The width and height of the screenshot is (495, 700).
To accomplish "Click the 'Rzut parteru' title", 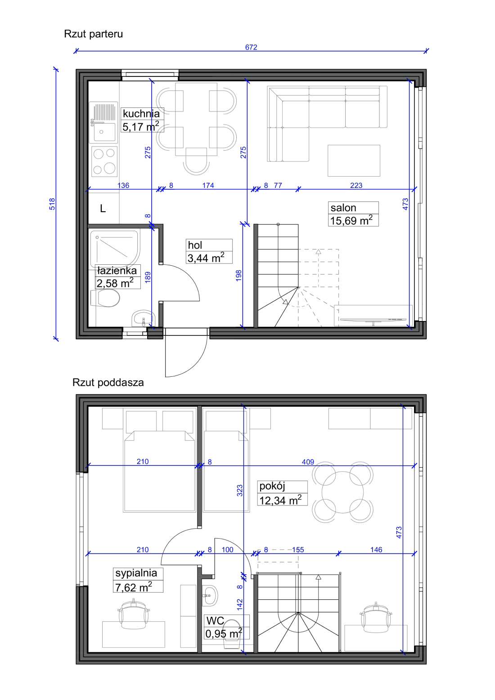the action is (x=93, y=34).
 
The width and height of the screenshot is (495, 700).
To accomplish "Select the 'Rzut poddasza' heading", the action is (x=108, y=383).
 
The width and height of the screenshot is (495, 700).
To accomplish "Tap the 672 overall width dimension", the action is (x=251, y=47).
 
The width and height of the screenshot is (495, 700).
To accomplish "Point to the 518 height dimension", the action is (x=52, y=204).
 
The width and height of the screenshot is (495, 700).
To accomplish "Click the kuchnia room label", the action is (x=141, y=113).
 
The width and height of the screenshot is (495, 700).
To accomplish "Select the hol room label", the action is (x=195, y=245).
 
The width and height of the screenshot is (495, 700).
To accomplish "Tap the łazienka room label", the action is (x=117, y=270).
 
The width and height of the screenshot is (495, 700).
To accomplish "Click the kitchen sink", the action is (x=103, y=122).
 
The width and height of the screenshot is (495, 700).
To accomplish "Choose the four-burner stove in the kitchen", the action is (x=104, y=161).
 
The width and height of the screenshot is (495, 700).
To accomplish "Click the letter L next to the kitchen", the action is (x=103, y=209).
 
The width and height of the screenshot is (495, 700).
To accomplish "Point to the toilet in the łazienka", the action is (x=105, y=298).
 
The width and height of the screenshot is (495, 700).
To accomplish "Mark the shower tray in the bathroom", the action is (x=115, y=249).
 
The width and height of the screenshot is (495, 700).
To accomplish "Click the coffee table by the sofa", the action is (x=354, y=161).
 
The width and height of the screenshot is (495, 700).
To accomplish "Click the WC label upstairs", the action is (x=215, y=620).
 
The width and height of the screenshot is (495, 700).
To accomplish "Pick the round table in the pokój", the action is (x=342, y=492).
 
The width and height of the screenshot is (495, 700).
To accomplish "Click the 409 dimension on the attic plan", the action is (x=308, y=462).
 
